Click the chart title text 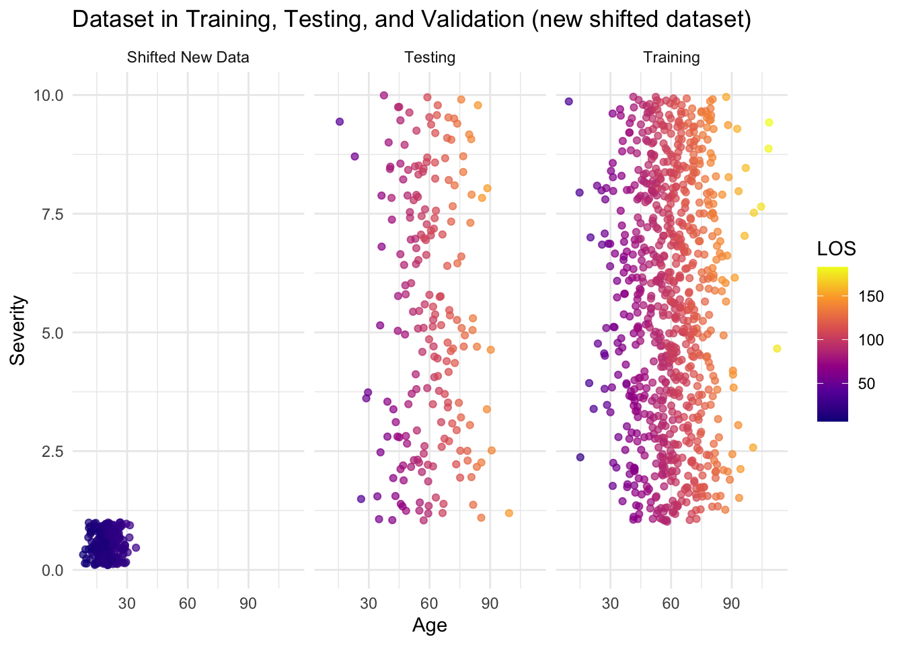pyautogui.click(x=411, y=20)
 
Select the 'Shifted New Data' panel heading pyautogui.click(x=188, y=58)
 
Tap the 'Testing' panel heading pyautogui.click(x=430, y=58)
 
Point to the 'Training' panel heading pyautogui.click(x=671, y=58)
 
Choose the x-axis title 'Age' pyautogui.click(x=430, y=626)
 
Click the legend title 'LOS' pyautogui.click(x=836, y=249)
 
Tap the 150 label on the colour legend pyautogui.click(x=872, y=297)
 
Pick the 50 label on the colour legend pyautogui.click(x=867, y=384)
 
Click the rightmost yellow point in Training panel pyautogui.click(x=777, y=348)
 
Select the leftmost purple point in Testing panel pyautogui.click(x=340, y=122)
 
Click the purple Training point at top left pyautogui.click(x=568, y=101)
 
